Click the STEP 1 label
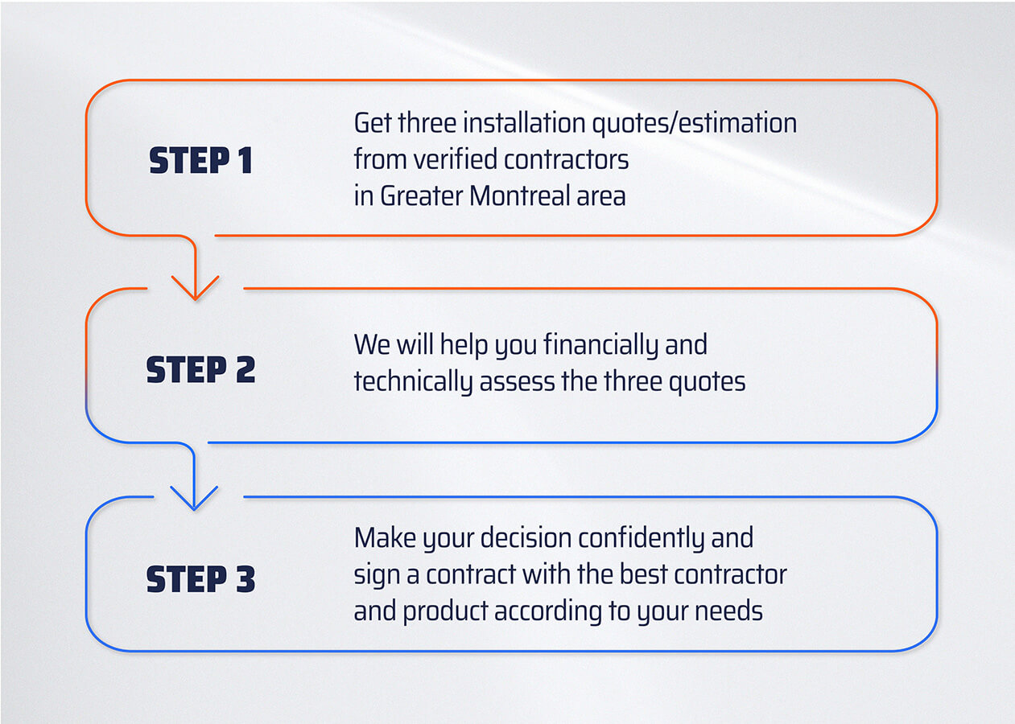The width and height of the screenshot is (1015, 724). pos(200,161)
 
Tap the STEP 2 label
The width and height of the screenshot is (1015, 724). pos(200,370)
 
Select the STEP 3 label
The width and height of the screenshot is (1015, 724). pos(200,579)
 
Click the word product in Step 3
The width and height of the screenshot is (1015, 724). pos(445,611)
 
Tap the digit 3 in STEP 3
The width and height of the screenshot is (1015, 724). pos(245,579)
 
